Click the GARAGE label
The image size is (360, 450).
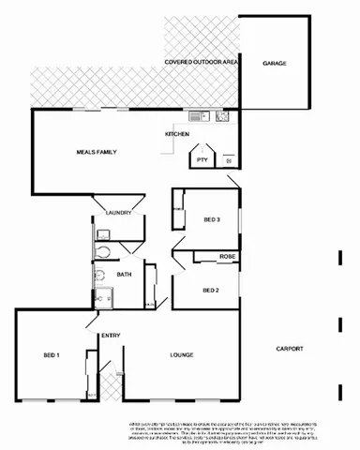275,64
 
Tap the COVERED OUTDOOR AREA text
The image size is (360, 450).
200,62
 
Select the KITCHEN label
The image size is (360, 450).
178,135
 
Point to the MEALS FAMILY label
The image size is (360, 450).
97,151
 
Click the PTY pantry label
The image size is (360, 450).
202,160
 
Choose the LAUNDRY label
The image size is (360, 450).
118,212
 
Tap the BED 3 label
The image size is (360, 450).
211,219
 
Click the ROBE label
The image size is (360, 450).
227,256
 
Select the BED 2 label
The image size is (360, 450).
211,290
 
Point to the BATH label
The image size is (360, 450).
124,275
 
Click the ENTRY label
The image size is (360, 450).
111,336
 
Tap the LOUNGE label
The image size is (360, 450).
181,355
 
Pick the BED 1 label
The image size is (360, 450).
51,355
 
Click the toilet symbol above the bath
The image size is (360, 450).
105,252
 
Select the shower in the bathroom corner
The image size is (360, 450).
102,296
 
